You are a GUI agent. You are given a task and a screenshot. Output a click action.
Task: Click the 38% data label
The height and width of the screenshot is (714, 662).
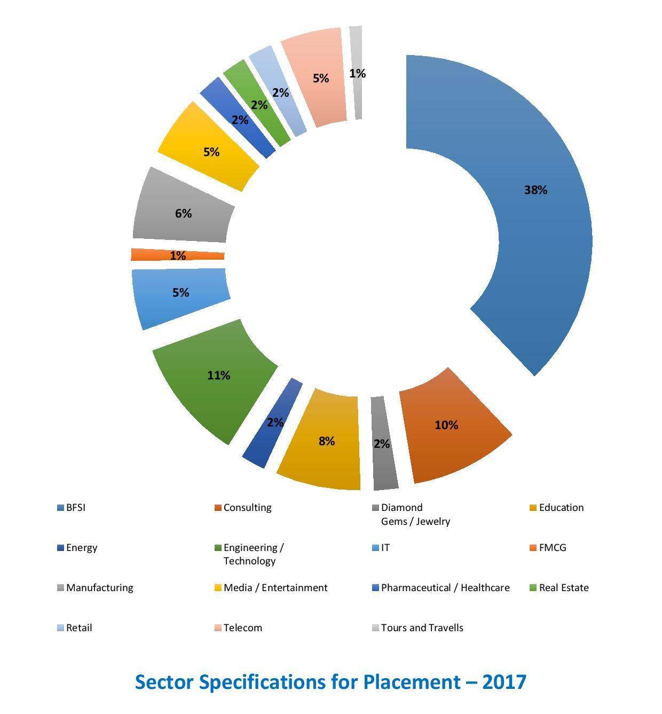(535, 190)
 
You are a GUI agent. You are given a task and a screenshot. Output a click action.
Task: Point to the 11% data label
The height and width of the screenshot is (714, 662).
(218, 376)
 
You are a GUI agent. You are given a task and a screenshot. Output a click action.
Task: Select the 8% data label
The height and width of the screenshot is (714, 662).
(327, 441)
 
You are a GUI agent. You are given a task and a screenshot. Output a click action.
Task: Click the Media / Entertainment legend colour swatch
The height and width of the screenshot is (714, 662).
(218, 588)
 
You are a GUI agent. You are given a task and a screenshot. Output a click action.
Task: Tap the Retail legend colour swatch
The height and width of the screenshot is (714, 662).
(60, 628)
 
